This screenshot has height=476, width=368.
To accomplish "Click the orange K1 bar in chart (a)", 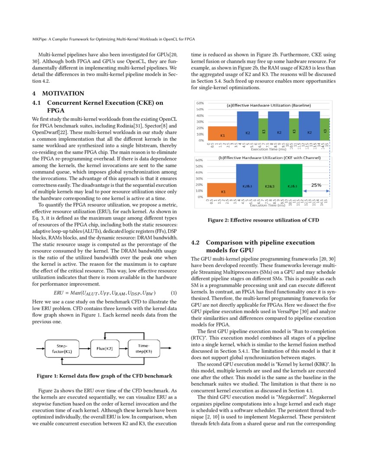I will (x=222, y=134).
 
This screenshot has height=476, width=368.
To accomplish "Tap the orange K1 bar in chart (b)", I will (x=223, y=190).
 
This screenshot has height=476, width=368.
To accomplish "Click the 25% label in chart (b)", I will (x=316, y=185).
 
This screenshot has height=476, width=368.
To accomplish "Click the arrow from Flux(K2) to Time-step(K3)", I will (x=123, y=349).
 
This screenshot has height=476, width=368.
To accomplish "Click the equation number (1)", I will (x=174, y=293).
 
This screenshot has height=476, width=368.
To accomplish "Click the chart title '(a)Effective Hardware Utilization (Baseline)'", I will (x=268, y=105).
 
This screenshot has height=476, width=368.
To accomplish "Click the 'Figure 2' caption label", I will (x=220, y=220).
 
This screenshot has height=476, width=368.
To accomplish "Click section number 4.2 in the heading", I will (x=195, y=243).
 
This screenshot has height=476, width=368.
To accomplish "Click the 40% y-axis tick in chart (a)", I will (x=200, y=116).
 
